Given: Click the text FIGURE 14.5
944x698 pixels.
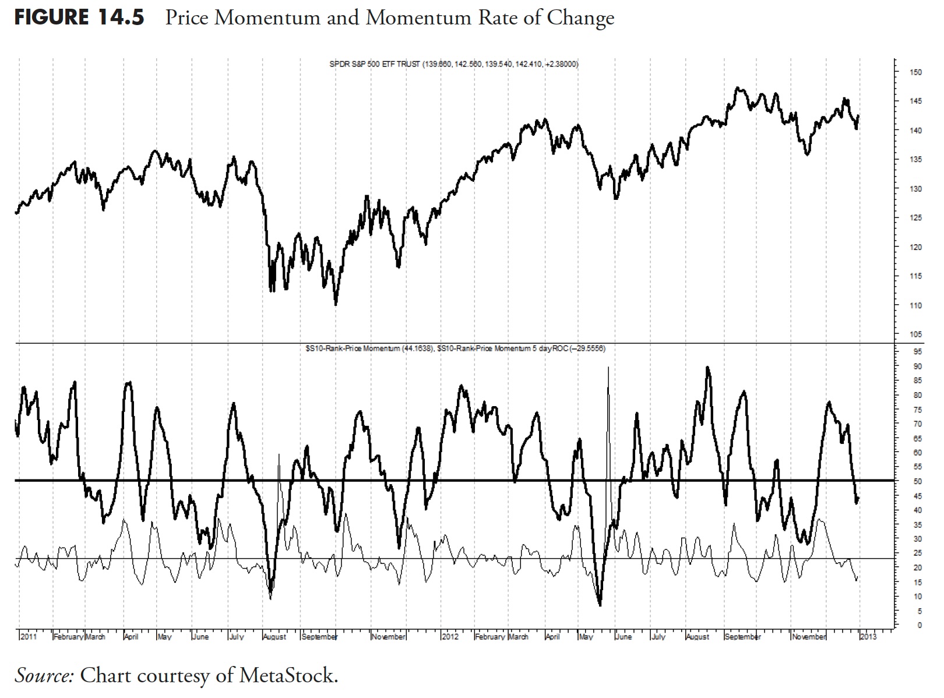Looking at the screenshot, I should [79, 17].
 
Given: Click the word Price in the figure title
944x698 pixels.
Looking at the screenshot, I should [186, 17].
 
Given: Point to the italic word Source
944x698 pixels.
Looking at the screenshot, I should [44, 675].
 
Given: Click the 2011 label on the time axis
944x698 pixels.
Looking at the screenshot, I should [29, 636].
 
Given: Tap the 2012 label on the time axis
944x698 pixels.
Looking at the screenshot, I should [450, 636].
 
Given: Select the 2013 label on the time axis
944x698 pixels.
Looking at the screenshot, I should [868, 636].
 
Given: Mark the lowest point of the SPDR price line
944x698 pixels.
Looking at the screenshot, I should [336, 304].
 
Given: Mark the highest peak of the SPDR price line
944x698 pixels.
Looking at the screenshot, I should [738, 88].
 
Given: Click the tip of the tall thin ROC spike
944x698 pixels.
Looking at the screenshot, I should [608, 367].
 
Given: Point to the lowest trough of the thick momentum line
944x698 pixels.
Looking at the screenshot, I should [600, 605].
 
